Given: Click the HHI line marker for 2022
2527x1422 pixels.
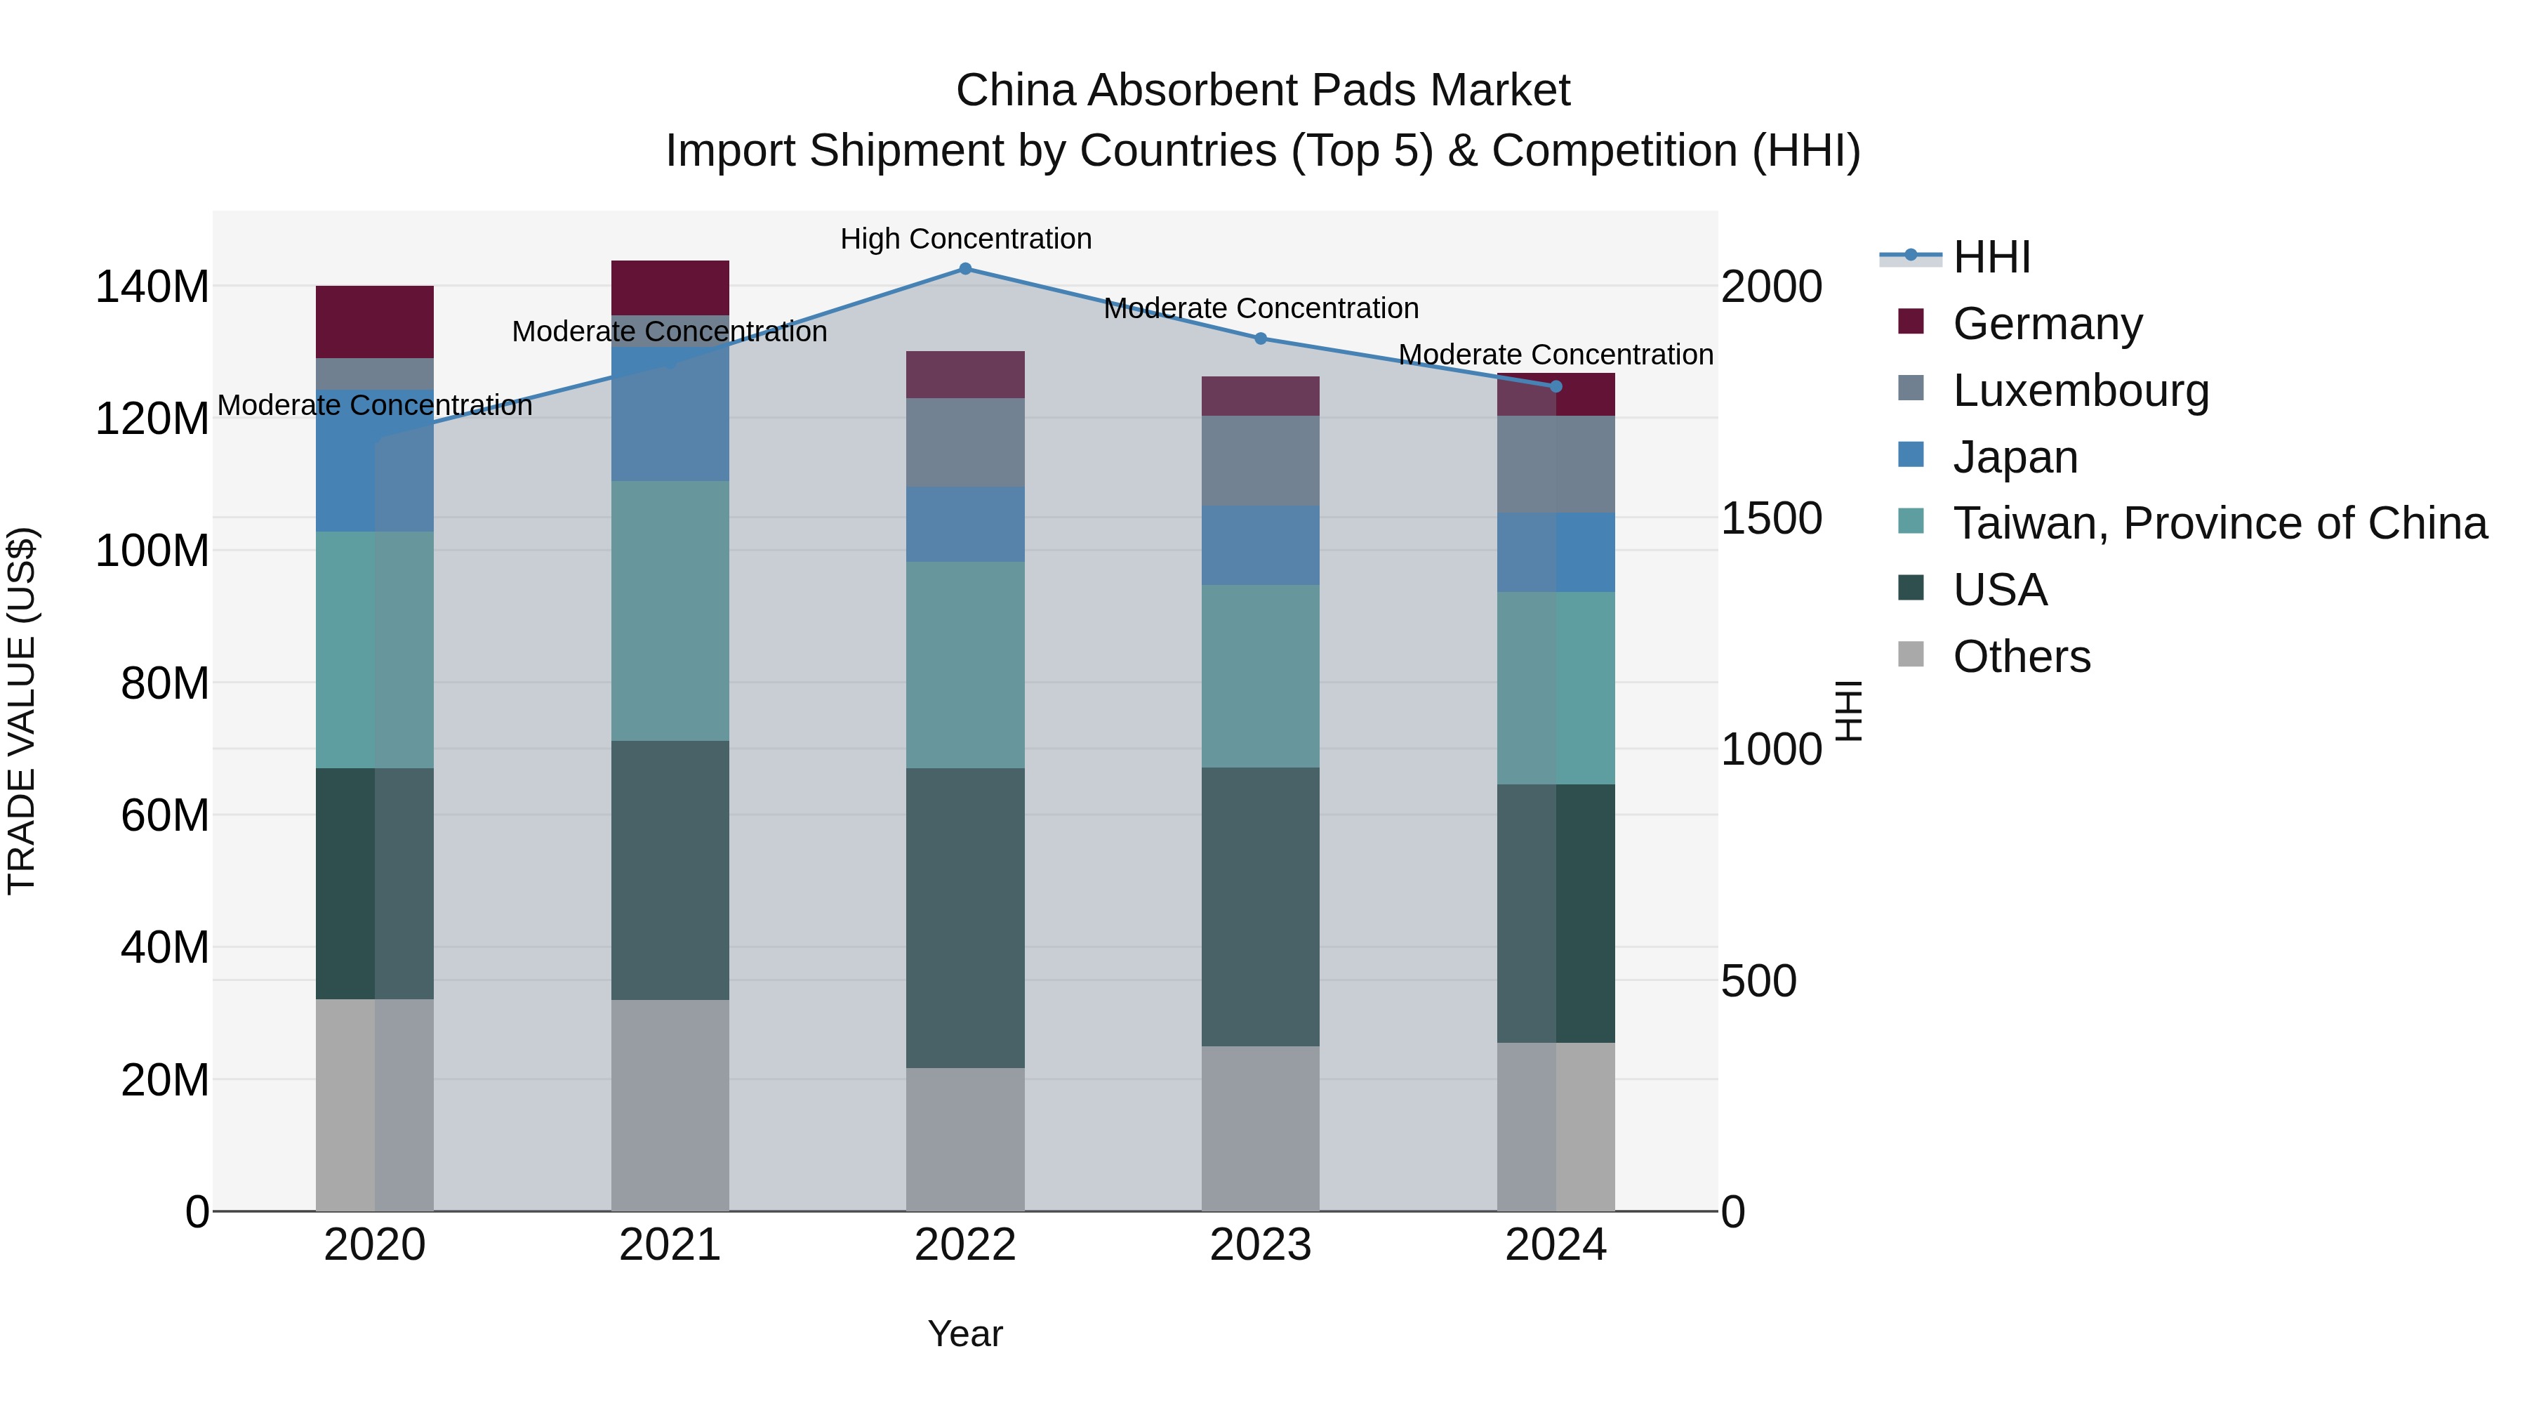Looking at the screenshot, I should (x=965, y=269).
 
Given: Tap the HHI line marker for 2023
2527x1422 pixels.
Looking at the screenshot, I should (x=1261, y=338).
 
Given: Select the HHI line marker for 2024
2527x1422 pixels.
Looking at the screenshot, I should (x=1556, y=387).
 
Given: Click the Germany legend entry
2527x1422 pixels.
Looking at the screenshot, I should (x=2048, y=324).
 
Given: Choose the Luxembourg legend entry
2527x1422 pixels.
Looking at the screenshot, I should (x=2080, y=390).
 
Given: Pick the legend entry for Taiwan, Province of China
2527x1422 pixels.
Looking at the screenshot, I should (x=2219, y=523).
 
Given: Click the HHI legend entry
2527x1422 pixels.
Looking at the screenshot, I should (x=1991, y=257).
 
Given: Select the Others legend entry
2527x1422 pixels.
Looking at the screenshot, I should (x=2021, y=657).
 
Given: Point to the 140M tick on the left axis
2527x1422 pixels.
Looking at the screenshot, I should (x=152, y=287).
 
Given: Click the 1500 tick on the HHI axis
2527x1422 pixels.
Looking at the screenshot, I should (x=1772, y=519).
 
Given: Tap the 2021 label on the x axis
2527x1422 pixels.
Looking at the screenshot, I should (x=670, y=1245).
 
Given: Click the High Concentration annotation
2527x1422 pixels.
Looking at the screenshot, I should (x=965, y=239).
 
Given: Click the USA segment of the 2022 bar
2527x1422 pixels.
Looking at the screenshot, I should (x=965, y=918).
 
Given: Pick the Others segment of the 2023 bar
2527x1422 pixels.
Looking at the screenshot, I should (x=1261, y=1128).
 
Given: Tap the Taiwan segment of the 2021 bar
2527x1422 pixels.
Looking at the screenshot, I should (x=670, y=610).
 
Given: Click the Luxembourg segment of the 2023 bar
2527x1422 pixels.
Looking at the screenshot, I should (x=1261, y=460).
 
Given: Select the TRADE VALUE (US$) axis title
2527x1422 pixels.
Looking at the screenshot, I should (x=22, y=711).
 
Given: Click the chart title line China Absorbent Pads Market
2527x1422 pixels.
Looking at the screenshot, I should (x=1263, y=91).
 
